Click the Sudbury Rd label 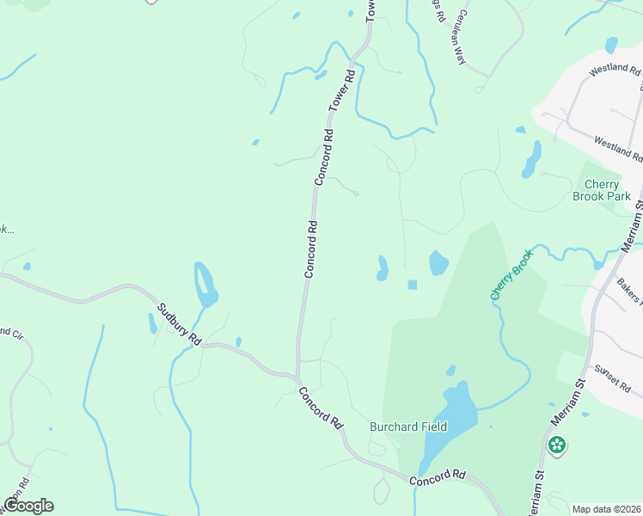point(179,324)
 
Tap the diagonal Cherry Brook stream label point(512,273)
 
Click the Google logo point(28,506)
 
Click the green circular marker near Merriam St point(557,445)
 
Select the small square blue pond point(412,285)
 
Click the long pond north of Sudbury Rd point(205,285)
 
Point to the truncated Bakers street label point(629,292)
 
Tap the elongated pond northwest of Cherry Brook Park point(531,160)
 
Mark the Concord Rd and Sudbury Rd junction point(297,377)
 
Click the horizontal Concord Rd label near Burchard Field point(437,478)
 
